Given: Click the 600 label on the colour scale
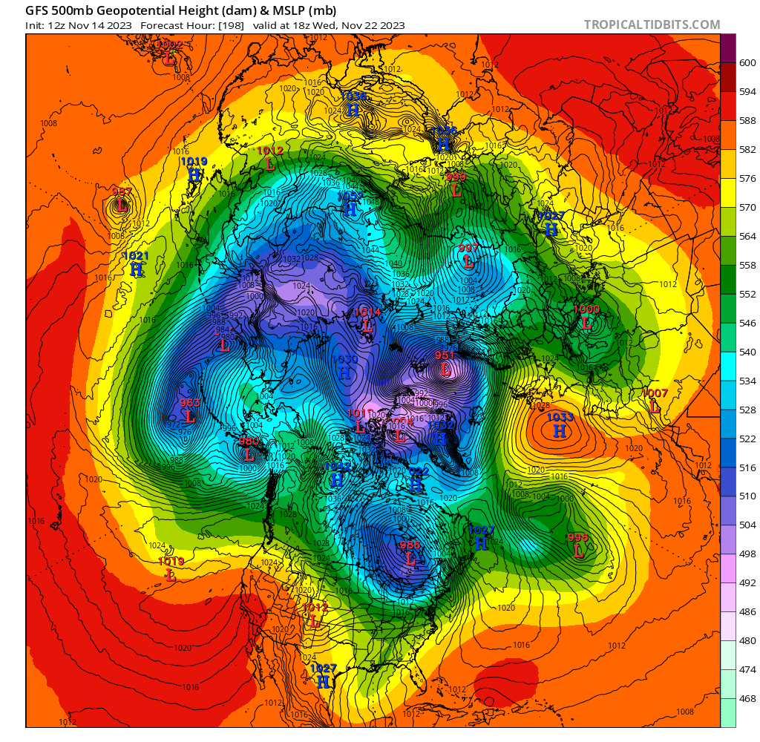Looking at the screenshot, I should pyautogui.click(x=748, y=63).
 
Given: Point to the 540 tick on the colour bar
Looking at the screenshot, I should pyautogui.click(x=748, y=352).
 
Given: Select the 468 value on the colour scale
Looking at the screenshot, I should pyautogui.click(x=748, y=698).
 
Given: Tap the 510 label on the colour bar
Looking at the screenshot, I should pyautogui.click(x=748, y=496).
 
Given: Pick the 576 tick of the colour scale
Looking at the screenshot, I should pyautogui.click(x=748, y=179).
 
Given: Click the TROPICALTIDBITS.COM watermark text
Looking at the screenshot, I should pyautogui.click(x=652, y=25).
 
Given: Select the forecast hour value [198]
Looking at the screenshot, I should pyautogui.click(x=227, y=25).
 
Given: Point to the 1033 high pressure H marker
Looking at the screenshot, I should pyautogui.click(x=560, y=431).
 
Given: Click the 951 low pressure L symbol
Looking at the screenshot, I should pyautogui.click(x=445, y=369).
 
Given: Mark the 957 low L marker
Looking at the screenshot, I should pyautogui.click(x=121, y=206).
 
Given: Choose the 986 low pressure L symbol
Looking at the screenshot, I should pyautogui.click(x=410, y=558).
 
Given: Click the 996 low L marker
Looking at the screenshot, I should pyautogui.click(x=578, y=551).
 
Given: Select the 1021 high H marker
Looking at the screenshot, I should pyautogui.click(x=136, y=269).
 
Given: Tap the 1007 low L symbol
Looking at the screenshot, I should pyautogui.click(x=655, y=407).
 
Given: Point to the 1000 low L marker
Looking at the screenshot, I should pyautogui.click(x=586, y=323).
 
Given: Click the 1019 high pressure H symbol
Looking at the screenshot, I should pyautogui.click(x=194, y=175).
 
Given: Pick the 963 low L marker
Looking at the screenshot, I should pyautogui.click(x=190, y=416).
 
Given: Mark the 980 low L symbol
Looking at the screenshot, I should pyautogui.click(x=249, y=454).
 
